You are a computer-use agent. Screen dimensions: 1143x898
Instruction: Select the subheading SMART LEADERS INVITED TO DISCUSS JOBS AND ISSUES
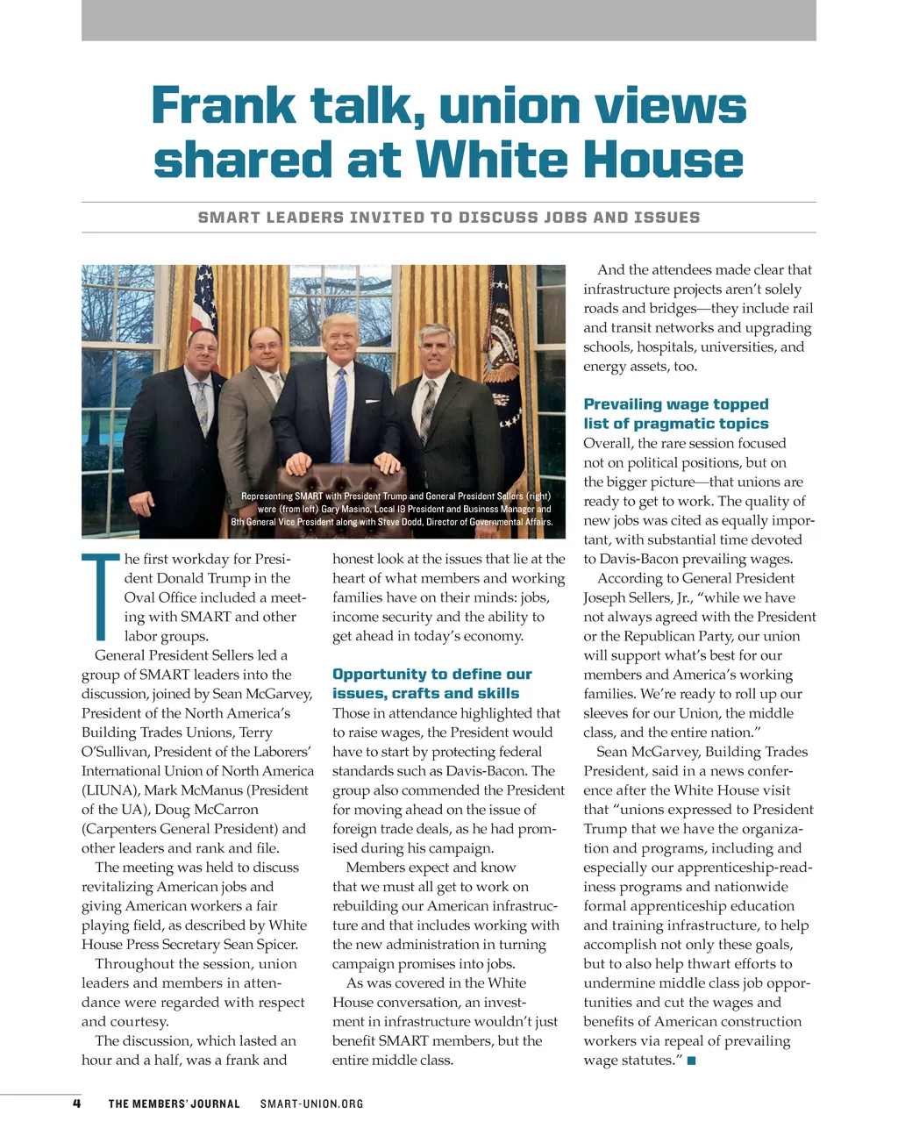(x=449, y=218)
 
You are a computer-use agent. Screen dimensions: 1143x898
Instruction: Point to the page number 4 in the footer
(x=77, y=1104)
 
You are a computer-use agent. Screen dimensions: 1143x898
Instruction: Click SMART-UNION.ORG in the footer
(x=311, y=1104)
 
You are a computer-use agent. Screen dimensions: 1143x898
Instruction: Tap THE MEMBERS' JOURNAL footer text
(x=174, y=1104)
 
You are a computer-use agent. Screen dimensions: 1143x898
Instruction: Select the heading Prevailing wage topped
(x=675, y=404)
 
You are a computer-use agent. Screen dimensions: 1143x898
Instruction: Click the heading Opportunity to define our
(x=432, y=675)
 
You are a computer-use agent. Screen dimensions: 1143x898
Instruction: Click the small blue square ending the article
(x=691, y=1061)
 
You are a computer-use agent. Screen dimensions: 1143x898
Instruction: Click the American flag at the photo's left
(x=203, y=303)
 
